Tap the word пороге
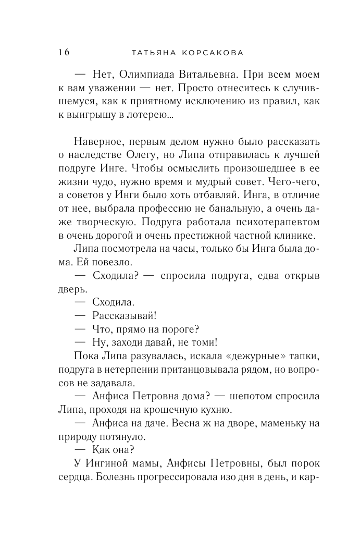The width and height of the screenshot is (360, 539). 182,329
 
